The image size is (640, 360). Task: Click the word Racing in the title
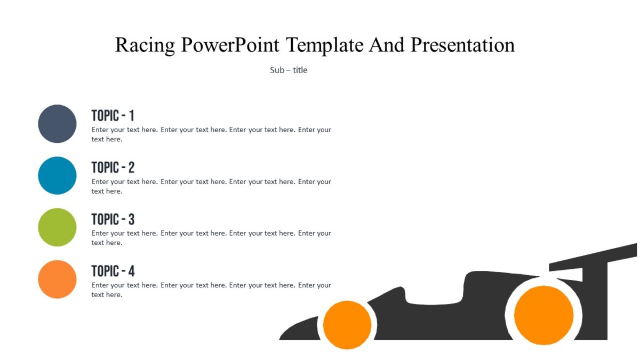(145, 45)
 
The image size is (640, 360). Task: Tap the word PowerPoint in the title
(230, 45)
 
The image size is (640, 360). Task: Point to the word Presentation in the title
(462, 45)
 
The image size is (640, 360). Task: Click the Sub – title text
(289, 70)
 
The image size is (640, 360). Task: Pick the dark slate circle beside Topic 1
(57, 124)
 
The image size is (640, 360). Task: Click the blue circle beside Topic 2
(57, 175)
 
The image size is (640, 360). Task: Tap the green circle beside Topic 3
(57, 227)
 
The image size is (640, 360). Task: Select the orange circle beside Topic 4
(57, 279)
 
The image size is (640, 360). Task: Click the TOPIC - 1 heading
(113, 116)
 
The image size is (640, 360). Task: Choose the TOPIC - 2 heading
(113, 167)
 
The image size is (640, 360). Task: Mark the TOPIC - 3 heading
(113, 219)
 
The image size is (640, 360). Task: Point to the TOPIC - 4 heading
(113, 271)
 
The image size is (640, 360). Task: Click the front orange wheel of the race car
(347, 325)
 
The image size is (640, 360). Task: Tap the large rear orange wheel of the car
(543, 315)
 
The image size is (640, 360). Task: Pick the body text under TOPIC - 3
(211, 238)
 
